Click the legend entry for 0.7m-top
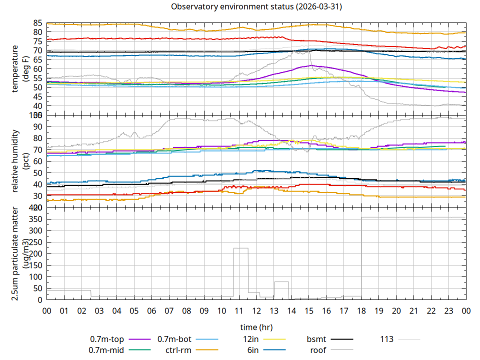tap(107, 339)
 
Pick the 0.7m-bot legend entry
tap(174, 339)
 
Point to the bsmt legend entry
tap(316, 339)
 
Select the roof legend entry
tap(318, 350)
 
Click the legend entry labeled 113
tap(387, 339)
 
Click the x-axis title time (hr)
tap(256, 327)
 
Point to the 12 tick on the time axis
tap(256, 310)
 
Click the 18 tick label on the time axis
tap(361, 310)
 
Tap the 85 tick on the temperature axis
tap(37, 23)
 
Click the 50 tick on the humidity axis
tap(37, 172)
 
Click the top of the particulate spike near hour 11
tap(241, 248)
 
